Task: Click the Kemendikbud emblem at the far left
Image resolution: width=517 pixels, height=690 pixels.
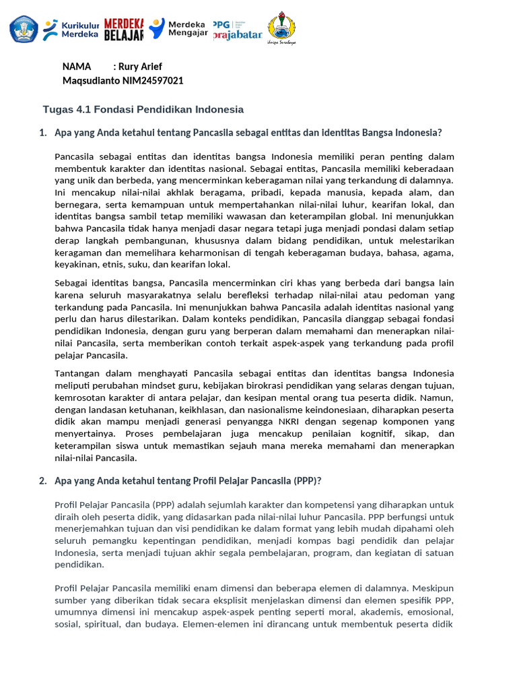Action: click(x=24, y=29)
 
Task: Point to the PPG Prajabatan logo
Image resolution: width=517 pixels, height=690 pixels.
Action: click(x=237, y=29)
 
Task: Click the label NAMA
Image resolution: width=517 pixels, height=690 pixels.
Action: click(x=77, y=67)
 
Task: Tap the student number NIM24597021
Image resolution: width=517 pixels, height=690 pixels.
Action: click(x=153, y=81)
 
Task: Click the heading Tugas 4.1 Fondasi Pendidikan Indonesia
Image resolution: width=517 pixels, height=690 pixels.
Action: click(x=143, y=109)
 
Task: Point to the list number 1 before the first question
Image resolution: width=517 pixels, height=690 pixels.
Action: click(x=42, y=133)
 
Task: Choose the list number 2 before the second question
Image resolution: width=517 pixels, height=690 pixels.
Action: click(x=42, y=480)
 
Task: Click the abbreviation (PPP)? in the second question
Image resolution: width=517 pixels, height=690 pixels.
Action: click(x=308, y=480)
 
